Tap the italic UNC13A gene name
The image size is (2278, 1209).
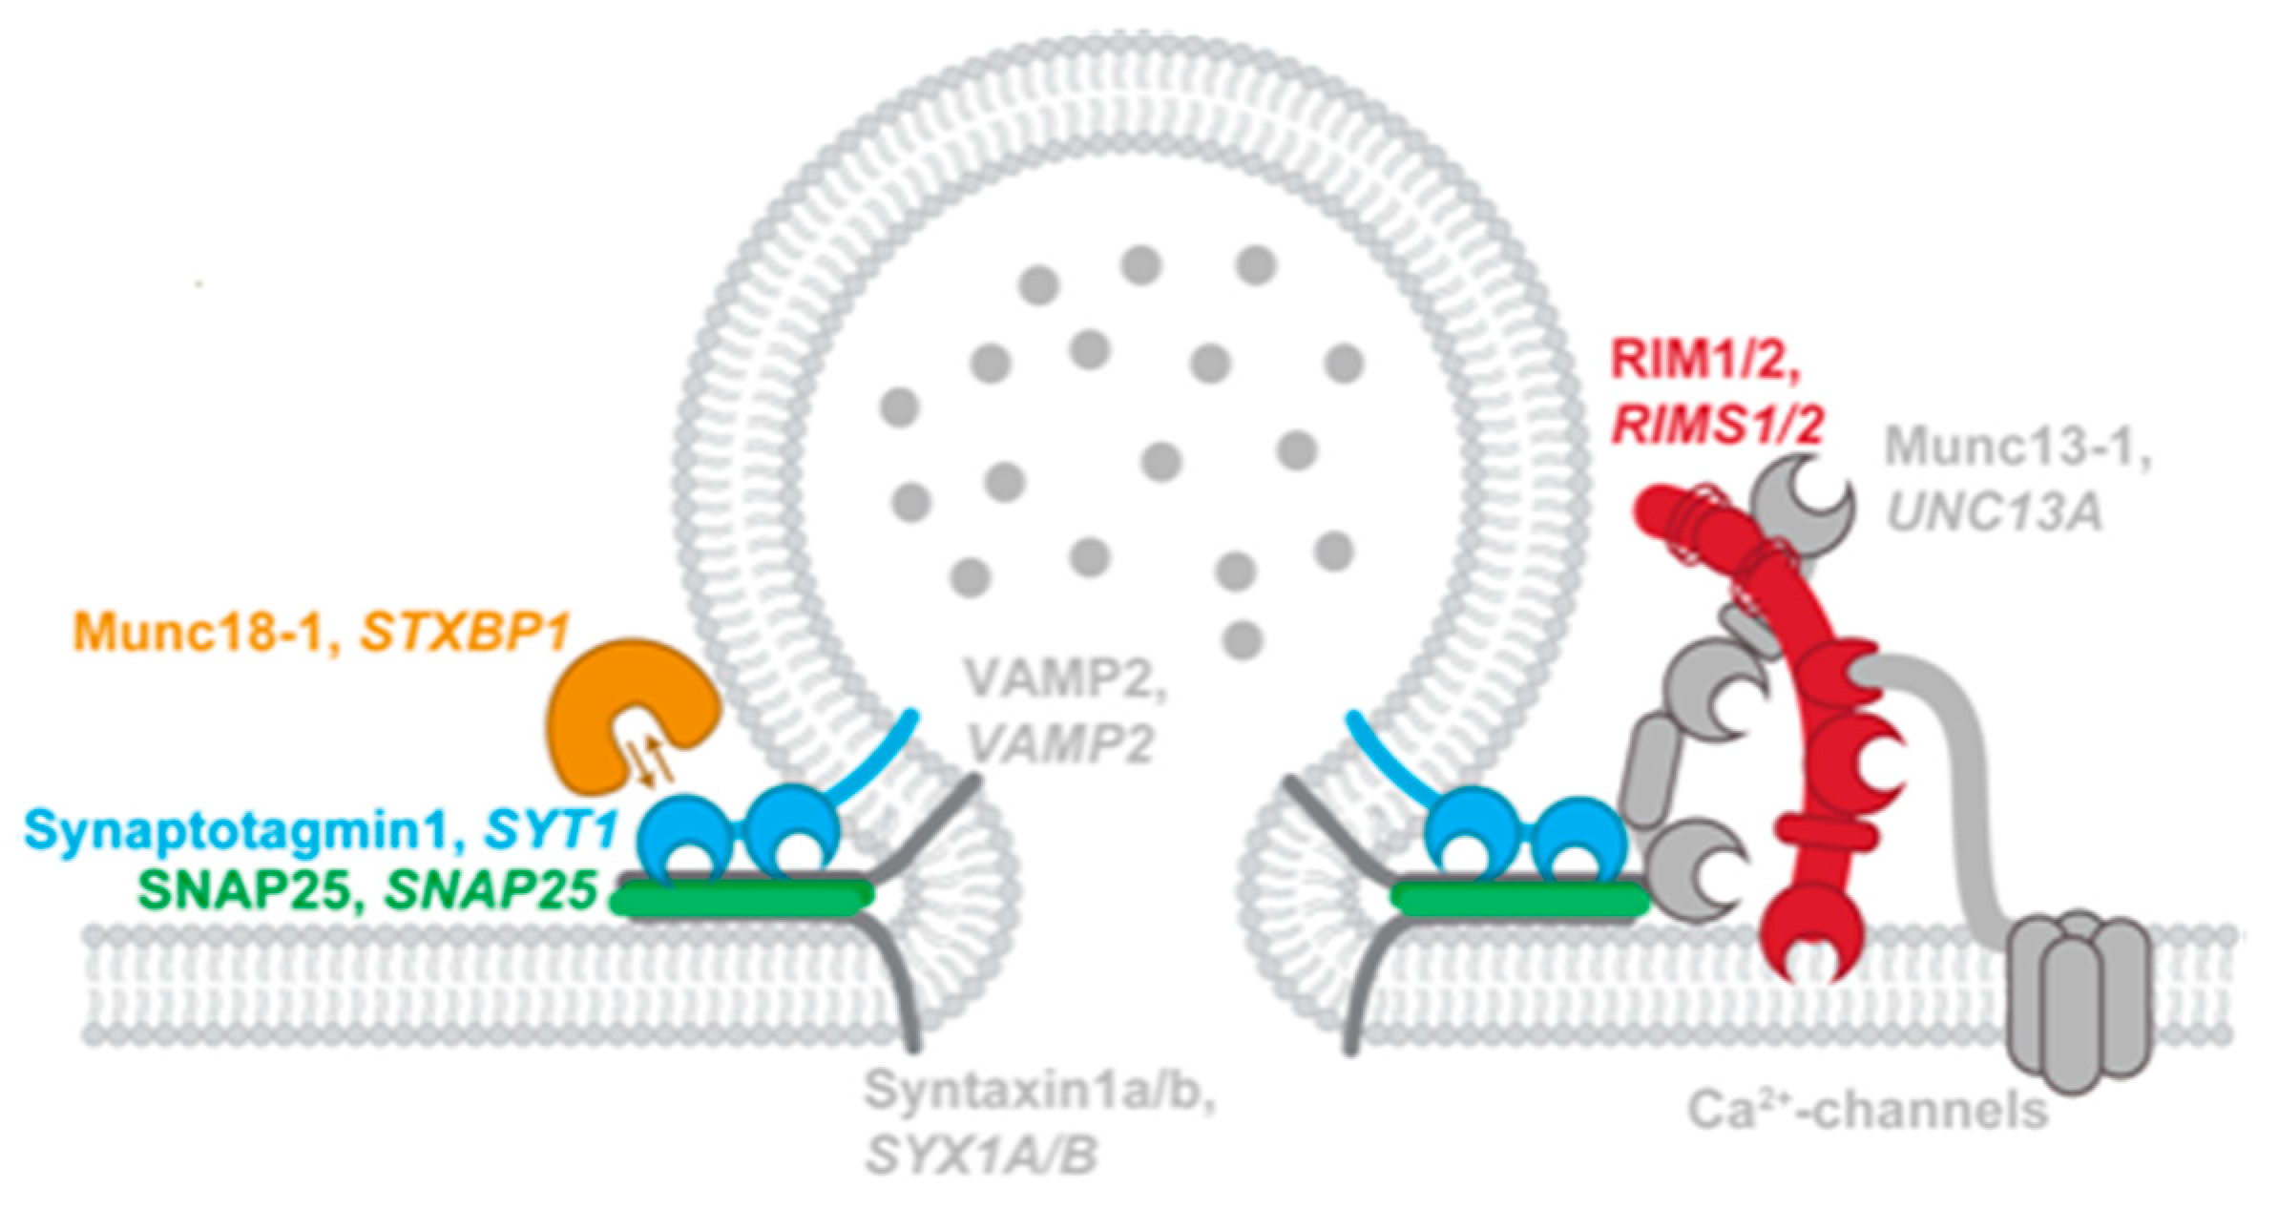1995,513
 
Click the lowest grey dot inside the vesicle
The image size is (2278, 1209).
1242,636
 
